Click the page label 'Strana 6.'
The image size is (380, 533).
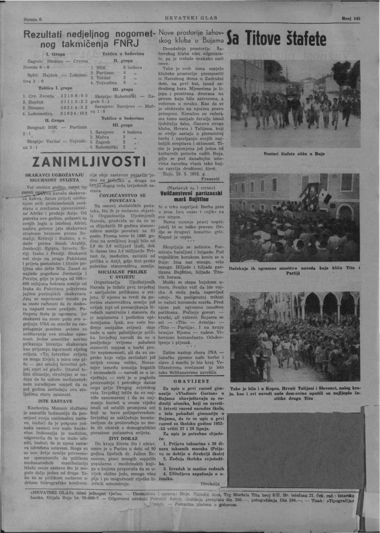[x=33, y=20]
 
